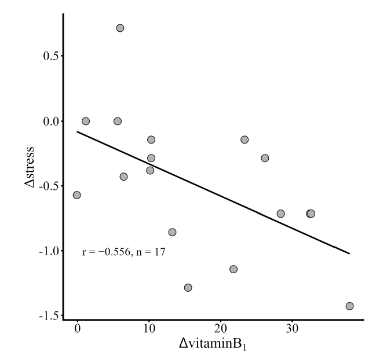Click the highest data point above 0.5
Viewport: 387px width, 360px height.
pyautogui.click(x=120, y=28)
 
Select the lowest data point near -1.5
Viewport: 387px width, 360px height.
pyautogui.click(x=349, y=306)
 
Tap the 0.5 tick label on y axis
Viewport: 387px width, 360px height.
pyautogui.click(x=50, y=56)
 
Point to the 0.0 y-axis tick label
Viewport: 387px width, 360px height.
pyautogui.click(x=50, y=122)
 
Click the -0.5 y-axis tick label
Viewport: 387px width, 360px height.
pyautogui.click(x=49, y=186)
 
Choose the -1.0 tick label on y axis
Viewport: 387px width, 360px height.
pyautogui.click(x=49, y=251)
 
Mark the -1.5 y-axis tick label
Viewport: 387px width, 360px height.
pyautogui.click(x=49, y=316)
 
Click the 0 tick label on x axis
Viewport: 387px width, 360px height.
pyautogui.click(x=78, y=329)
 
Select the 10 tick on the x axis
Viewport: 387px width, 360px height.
pyautogui.click(x=149, y=329)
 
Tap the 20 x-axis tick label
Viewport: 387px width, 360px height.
pyautogui.click(x=220, y=329)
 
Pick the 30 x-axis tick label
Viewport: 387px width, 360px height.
pyautogui.click(x=292, y=329)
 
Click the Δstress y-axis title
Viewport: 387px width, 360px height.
pyautogui.click(x=30, y=167)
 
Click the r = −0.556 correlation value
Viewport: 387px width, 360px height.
pyautogui.click(x=106, y=252)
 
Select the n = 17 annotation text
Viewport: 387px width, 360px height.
pyautogui.click(x=151, y=252)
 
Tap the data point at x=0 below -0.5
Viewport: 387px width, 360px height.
pyautogui.click(x=76, y=195)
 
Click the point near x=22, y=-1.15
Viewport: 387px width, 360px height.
pyautogui.click(x=233, y=269)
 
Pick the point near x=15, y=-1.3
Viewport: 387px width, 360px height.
pyautogui.click(x=188, y=288)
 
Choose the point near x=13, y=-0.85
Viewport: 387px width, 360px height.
pyautogui.click(x=172, y=232)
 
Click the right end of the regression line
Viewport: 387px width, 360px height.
pyautogui.click(x=349, y=254)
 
